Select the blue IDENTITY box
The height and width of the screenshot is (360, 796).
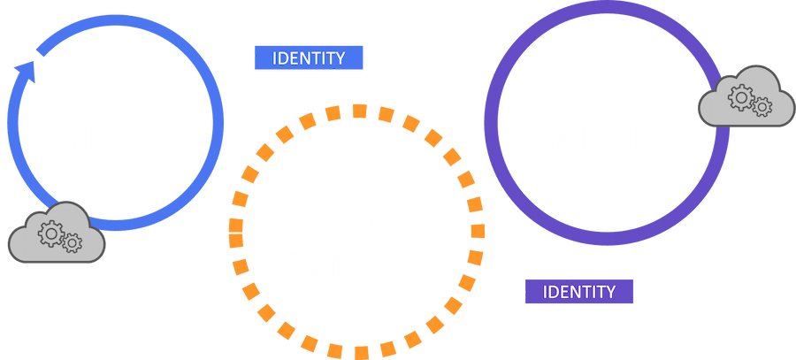pyautogui.click(x=309, y=58)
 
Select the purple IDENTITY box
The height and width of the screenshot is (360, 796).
pyautogui.click(x=578, y=291)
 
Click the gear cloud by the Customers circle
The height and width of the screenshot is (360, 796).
pyautogui.click(x=55, y=235)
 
